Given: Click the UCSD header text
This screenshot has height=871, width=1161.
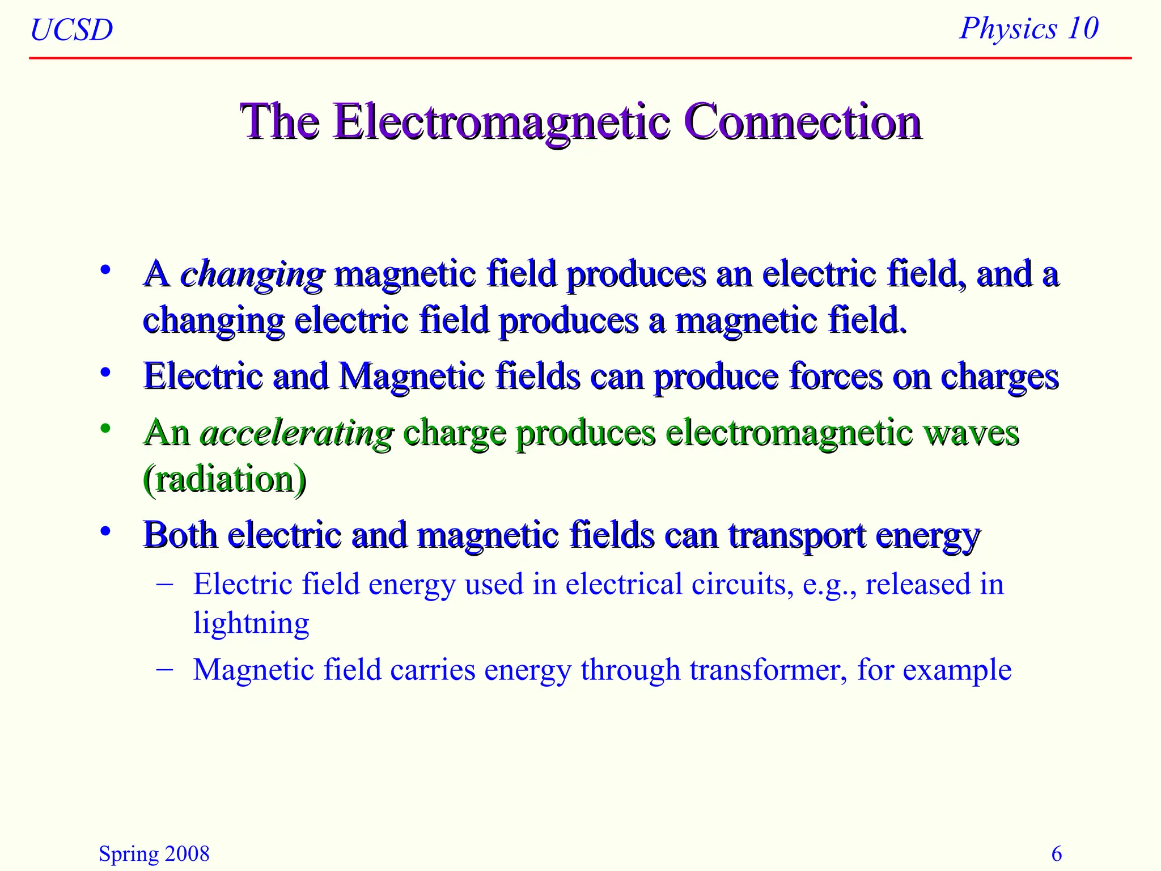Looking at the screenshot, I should tap(71, 29).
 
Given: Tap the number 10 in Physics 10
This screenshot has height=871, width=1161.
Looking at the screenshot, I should tap(1082, 28).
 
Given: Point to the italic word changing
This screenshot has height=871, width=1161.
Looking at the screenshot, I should tap(252, 274).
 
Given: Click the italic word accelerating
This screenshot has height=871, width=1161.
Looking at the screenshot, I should tap(296, 433).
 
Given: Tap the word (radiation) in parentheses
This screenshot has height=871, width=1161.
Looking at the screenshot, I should tap(224, 479).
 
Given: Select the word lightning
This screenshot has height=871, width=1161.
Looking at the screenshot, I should tap(251, 623).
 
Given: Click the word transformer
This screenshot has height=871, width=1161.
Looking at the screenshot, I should tap(768, 670).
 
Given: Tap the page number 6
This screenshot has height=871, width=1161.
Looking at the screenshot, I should tap(1057, 853).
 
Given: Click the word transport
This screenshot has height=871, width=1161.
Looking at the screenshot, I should tap(796, 536).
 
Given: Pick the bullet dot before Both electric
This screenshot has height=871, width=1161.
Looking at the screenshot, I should tap(105, 531).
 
